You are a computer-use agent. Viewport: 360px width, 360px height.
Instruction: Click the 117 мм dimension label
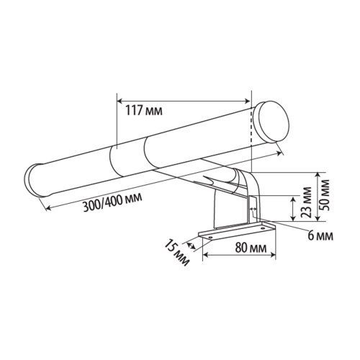[x=143, y=110]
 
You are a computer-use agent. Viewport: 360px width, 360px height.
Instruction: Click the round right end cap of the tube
[x=271, y=118]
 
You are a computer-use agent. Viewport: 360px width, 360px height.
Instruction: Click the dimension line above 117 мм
[x=184, y=100]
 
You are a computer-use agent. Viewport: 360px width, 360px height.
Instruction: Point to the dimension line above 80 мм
[x=240, y=257]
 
